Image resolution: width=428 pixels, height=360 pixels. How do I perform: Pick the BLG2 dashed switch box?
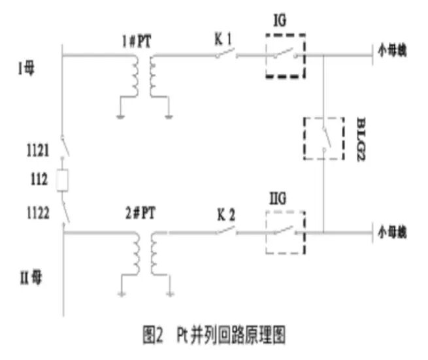[324, 138]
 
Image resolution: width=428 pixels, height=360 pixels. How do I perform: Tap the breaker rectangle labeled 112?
[63, 180]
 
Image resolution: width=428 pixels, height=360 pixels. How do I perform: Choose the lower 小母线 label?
[393, 230]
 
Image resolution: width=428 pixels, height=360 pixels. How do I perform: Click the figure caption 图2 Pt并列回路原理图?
[214, 336]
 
